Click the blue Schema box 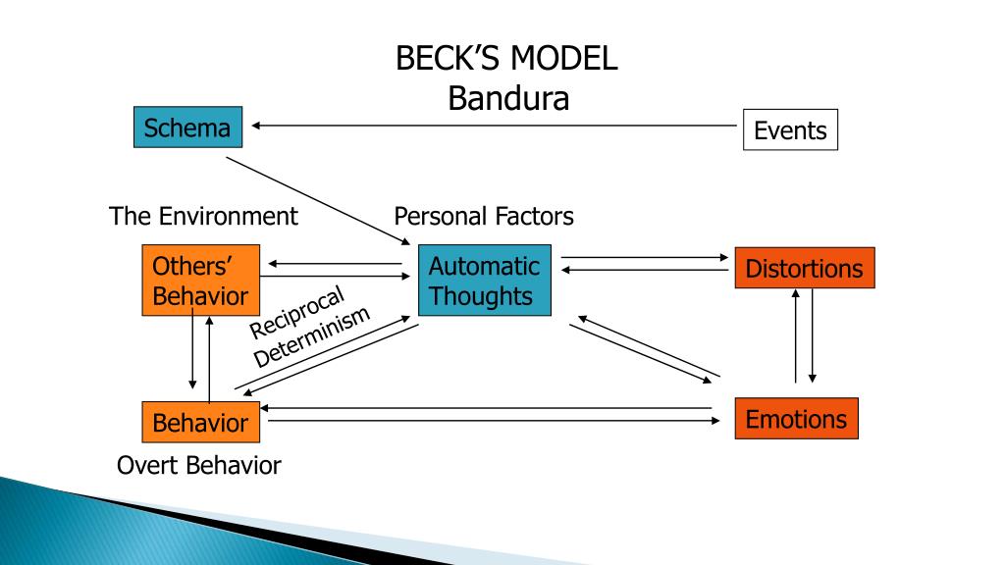point(187,127)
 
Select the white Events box point(790,129)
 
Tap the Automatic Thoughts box point(485,280)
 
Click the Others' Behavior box point(200,280)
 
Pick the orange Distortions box point(805,268)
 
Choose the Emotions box point(796,418)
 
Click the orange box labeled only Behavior point(200,422)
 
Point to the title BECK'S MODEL point(506,58)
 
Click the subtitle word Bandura point(508,99)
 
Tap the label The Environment point(203,217)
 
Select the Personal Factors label point(484,217)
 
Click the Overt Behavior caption point(198,466)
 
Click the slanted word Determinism point(311,337)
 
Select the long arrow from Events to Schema point(494,126)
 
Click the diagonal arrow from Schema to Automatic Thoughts point(318,201)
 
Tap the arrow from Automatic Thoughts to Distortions point(645,258)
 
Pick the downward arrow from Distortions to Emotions point(812,335)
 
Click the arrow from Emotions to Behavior point(486,408)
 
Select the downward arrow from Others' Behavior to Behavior point(192,348)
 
